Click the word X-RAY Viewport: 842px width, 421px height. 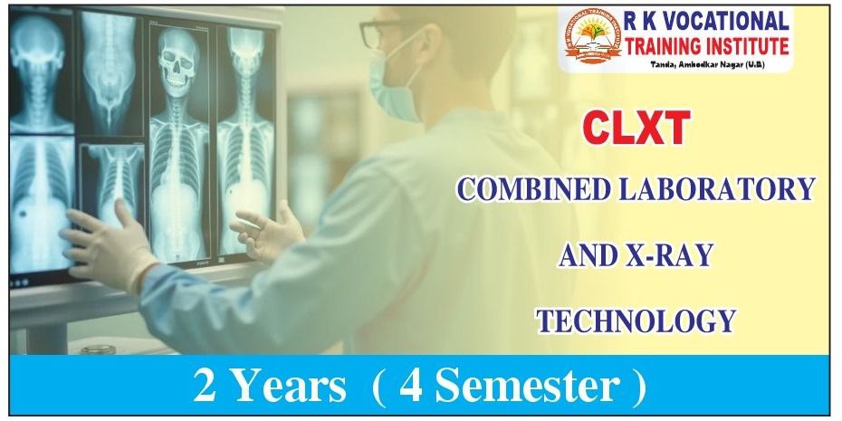coord(669,255)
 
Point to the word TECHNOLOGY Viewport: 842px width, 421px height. coord(635,321)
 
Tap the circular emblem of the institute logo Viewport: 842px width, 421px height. coord(588,38)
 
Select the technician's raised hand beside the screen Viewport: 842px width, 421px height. coord(267,230)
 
